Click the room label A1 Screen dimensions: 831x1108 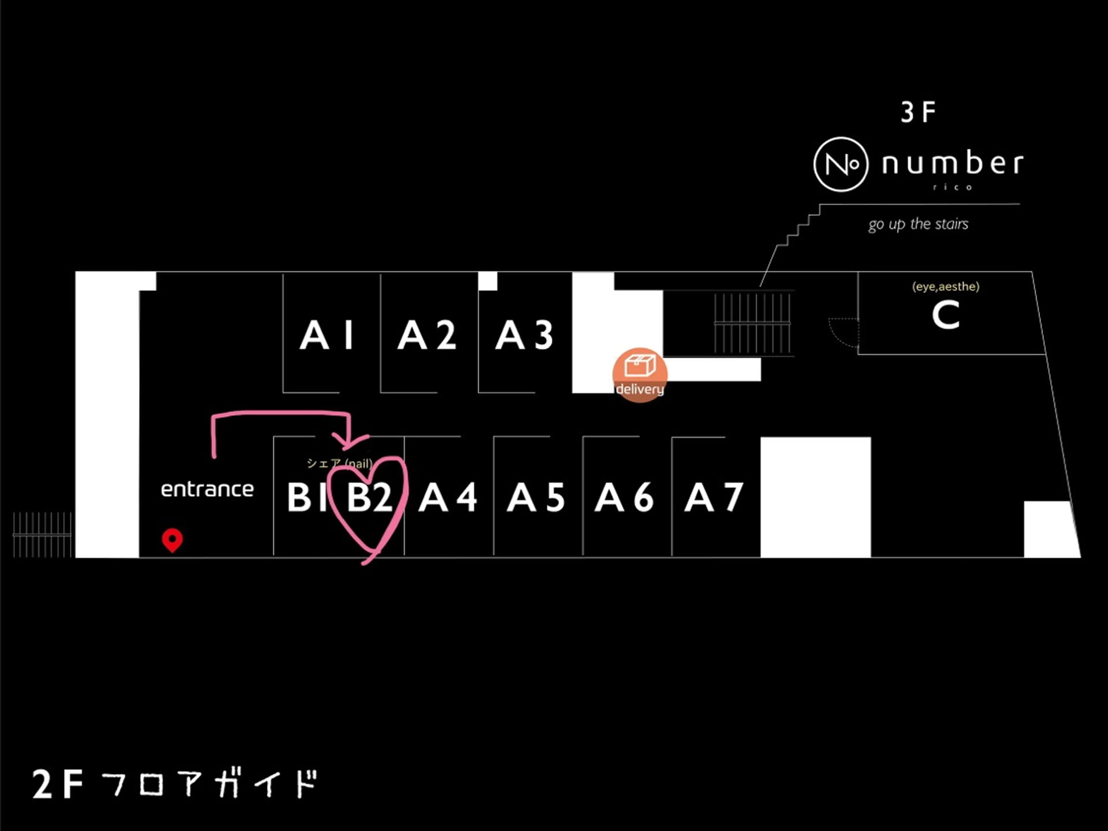(327, 335)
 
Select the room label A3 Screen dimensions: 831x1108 (524, 335)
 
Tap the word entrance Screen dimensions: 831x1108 (207, 489)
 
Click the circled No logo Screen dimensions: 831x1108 (841, 164)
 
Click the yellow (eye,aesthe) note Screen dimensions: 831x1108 (945, 287)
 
